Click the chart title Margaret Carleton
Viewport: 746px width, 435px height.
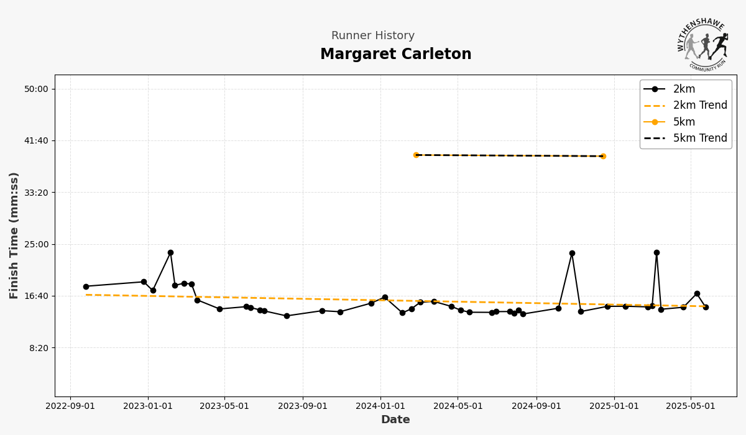[395, 55]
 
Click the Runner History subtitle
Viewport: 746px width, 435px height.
[373, 36]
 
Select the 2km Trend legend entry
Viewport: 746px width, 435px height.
[699, 106]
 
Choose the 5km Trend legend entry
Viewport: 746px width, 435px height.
[699, 138]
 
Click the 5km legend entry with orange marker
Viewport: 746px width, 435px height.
[684, 122]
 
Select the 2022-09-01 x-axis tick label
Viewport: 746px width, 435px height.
[70, 406]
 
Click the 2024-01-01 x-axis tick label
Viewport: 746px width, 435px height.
[380, 406]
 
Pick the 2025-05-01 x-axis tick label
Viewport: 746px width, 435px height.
[691, 406]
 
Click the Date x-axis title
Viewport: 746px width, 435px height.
[395, 420]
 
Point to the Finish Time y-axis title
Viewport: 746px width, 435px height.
[14, 235]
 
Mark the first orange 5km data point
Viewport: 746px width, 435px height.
[417, 155]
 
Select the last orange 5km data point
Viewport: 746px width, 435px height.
[603, 156]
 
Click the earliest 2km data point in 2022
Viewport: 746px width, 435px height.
[86, 286]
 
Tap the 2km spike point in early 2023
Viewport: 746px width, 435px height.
[170, 253]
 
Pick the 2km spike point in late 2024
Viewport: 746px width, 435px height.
[572, 254]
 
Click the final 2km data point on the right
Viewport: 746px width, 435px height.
[706, 307]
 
